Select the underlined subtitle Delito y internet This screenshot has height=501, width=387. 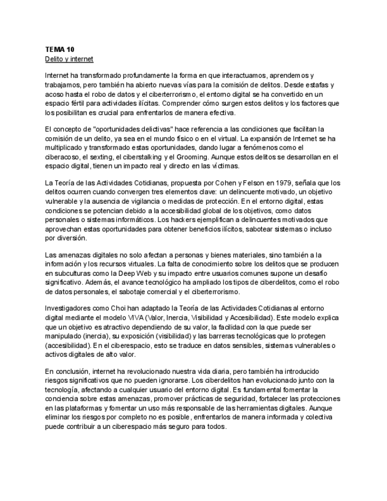pos(69,60)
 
